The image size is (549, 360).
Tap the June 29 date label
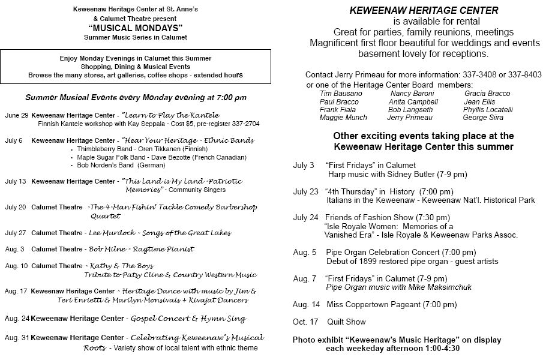16,115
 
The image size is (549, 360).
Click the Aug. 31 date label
16,338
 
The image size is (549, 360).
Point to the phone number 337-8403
523,75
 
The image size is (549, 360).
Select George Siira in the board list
483,118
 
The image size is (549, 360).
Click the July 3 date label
303,165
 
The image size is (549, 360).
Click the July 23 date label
305,191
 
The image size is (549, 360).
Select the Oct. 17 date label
305,322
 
